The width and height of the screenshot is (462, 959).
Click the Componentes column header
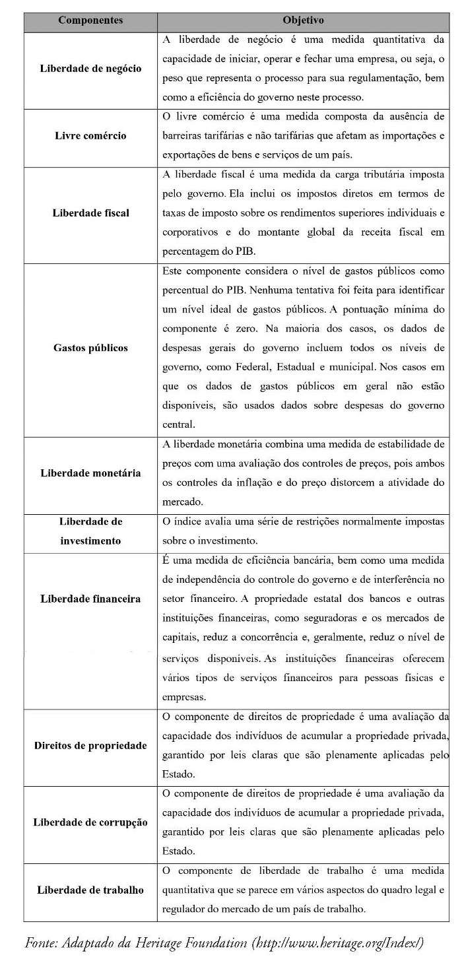(90, 20)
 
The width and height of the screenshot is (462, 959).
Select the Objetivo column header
(303, 20)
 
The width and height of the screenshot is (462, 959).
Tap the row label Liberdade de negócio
(90, 69)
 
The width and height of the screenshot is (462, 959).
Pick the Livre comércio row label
(90, 136)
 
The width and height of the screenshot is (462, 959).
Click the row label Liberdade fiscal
(90, 213)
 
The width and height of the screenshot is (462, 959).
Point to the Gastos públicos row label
(90, 348)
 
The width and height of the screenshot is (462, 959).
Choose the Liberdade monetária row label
(90, 473)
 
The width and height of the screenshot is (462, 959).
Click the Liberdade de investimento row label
(90, 531)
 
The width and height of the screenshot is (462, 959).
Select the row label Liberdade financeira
(90, 599)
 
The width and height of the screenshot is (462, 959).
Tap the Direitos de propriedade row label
(90, 746)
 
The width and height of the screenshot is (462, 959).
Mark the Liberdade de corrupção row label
(90, 823)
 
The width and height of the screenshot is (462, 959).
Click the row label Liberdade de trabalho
(90, 890)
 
